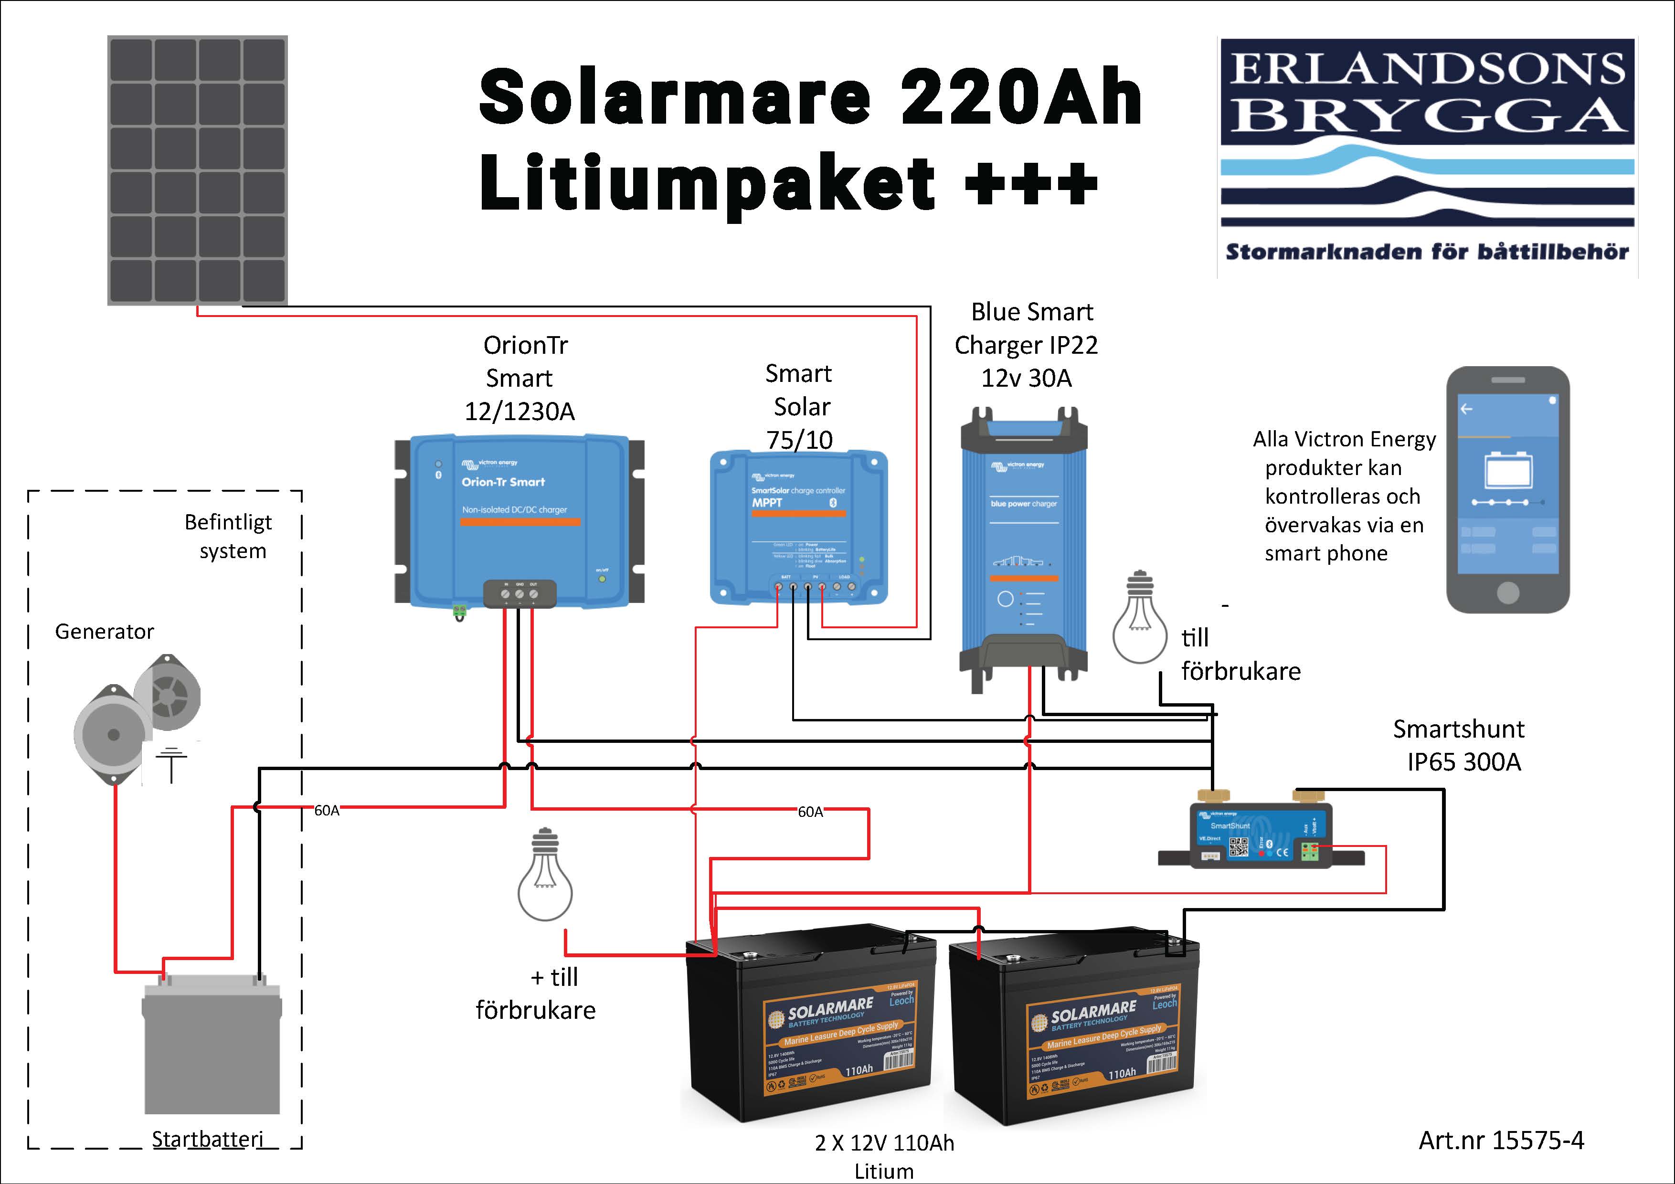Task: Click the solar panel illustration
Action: (x=198, y=170)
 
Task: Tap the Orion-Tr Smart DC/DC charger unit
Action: (x=519, y=519)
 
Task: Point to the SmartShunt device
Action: (x=1261, y=837)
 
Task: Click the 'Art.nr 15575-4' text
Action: (x=1501, y=1140)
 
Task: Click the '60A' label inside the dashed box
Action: (x=326, y=811)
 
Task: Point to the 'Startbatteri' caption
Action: (x=207, y=1139)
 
